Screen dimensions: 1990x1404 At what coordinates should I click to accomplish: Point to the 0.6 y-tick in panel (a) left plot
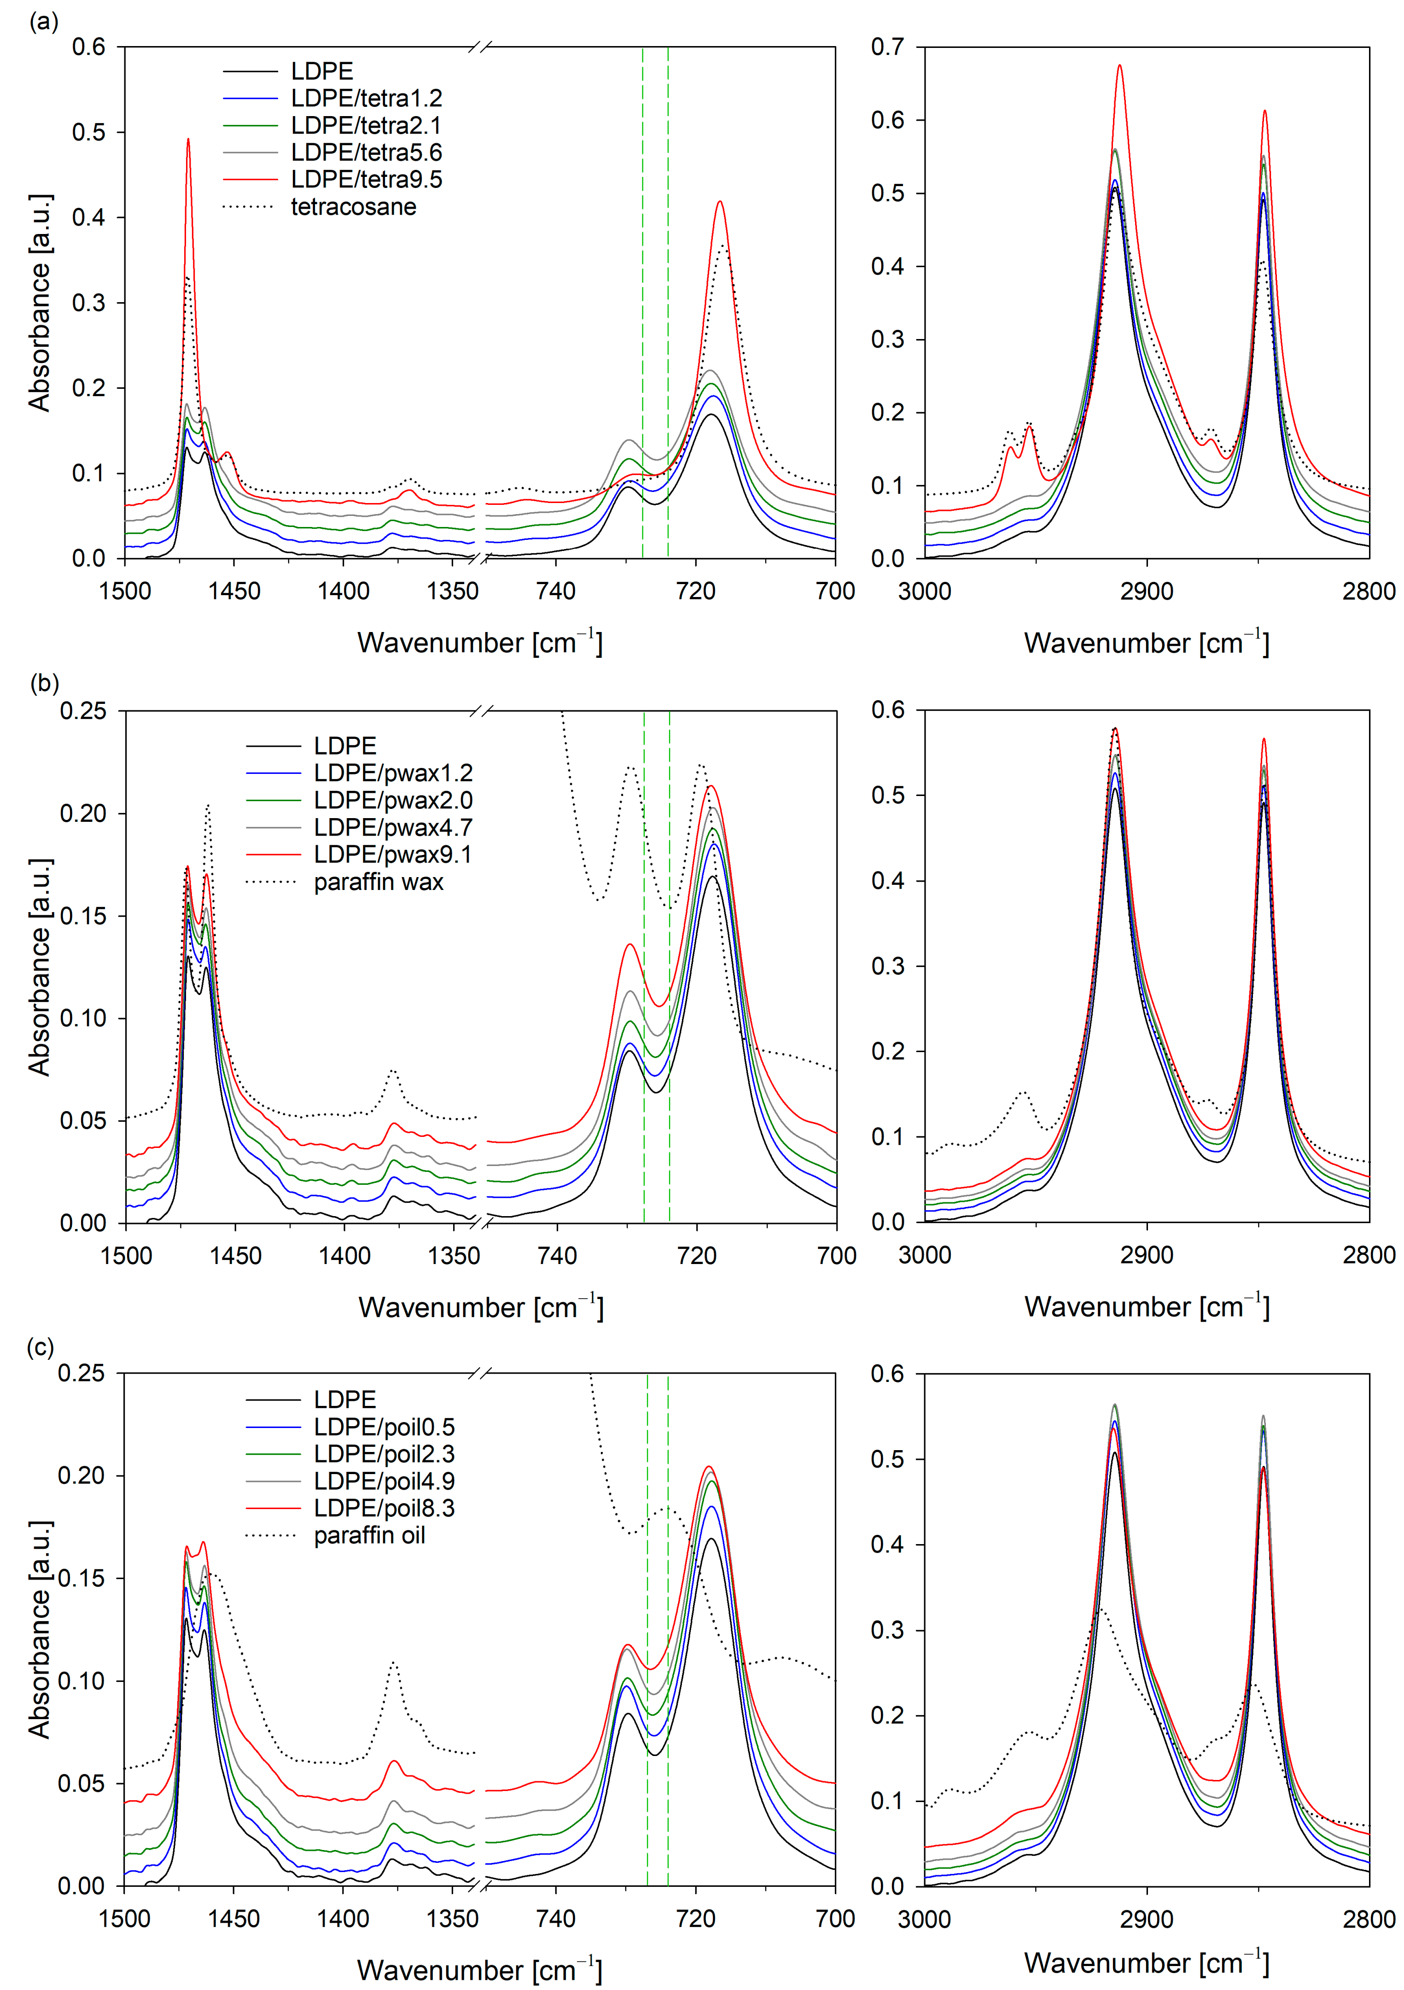[x=88, y=47]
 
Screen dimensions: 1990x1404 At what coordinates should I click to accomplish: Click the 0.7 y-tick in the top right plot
[x=887, y=47]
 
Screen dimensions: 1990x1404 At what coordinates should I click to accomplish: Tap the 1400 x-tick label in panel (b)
[x=344, y=1256]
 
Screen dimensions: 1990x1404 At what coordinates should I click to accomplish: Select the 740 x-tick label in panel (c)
[x=555, y=1919]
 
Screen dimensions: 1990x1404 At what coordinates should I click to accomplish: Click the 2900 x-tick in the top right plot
[x=1147, y=592]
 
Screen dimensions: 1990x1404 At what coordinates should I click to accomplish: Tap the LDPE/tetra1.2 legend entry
[x=366, y=98]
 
